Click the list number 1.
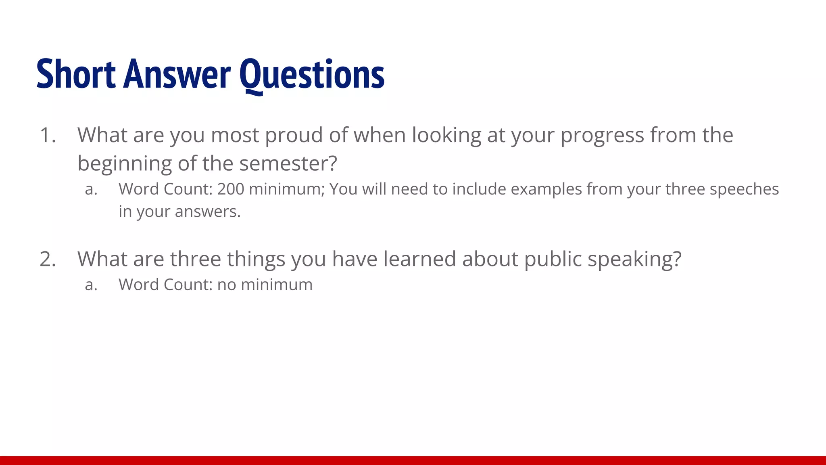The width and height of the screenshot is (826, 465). click(47, 135)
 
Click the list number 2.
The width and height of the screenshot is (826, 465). click(47, 259)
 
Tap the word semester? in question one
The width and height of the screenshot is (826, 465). click(288, 163)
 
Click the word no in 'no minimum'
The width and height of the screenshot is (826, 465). click(226, 285)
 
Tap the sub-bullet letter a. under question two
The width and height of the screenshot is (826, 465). click(91, 285)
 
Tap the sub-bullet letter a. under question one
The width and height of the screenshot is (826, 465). click(91, 189)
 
